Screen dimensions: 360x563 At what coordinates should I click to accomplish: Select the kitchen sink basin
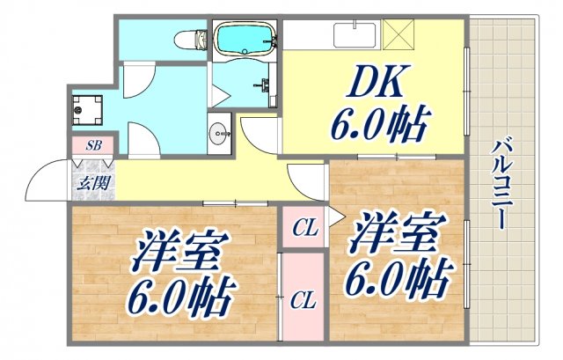pyautogui.click(x=356, y=35)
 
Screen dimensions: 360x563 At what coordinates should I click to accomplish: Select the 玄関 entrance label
pyautogui.click(x=91, y=184)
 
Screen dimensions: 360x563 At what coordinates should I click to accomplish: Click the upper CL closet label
pyautogui.click(x=304, y=231)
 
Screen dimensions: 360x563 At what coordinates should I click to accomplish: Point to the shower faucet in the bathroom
pyautogui.click(x=263, y=86)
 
